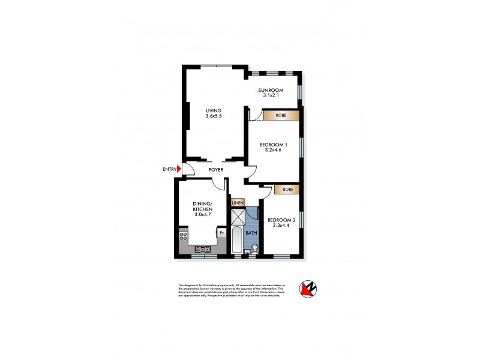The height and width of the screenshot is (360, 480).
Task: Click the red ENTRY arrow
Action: coord(178,170)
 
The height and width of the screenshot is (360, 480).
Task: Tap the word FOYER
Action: coord(216,170)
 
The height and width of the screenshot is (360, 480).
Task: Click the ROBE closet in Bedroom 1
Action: coord(281,115)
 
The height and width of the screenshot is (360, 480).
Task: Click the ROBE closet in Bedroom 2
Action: coord(286,189)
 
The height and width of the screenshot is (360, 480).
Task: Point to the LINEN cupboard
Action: coord(238,202)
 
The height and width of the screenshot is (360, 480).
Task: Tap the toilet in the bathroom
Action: coord(254,247)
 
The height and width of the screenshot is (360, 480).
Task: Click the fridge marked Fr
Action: coord(221,233)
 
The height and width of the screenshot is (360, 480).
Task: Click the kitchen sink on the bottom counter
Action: coord(203,250)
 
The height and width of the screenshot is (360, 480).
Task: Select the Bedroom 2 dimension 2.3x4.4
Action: coord(281,226)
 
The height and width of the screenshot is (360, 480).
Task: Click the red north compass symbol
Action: coord(310,290)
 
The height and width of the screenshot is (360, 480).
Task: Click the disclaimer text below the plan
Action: coord(231,290)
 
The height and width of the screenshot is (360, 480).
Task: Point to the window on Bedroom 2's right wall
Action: coord(302,219)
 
